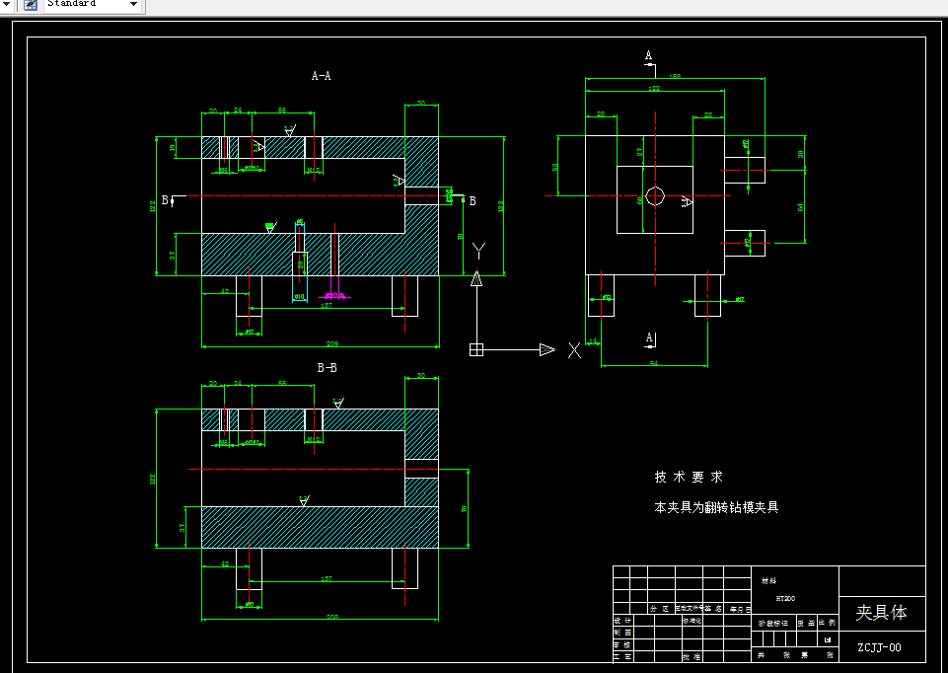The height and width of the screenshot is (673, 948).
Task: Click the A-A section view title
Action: coord(322,76)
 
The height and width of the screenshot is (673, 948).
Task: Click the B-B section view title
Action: coord(328,368)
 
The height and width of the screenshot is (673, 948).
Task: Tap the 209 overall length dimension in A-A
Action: coord(332,343)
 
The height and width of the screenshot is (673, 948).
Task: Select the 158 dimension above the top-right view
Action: coord(675,76)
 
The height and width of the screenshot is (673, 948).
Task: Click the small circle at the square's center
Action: coord(655,194)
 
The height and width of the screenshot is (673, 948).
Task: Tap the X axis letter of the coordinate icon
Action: coord(574,349)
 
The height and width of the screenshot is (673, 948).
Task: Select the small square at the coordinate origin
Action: coord(476,348)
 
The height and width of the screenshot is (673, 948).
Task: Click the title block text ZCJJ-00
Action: coord(879,648)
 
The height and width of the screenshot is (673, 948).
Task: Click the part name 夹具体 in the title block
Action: coord(881,612)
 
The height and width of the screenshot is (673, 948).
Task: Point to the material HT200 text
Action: coord(785,598)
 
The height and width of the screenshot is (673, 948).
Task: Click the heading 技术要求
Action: coord(689,477)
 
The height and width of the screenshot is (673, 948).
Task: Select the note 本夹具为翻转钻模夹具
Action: coord(717,507)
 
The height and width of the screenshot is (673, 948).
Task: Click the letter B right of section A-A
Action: coord(473,201)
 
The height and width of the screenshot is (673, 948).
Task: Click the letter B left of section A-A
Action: coord(165,199)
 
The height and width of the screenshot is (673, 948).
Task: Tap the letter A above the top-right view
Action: coord(648,55)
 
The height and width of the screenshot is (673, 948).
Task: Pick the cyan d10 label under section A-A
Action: coord(300,296)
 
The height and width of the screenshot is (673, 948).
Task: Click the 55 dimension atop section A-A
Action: coord(282,111)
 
